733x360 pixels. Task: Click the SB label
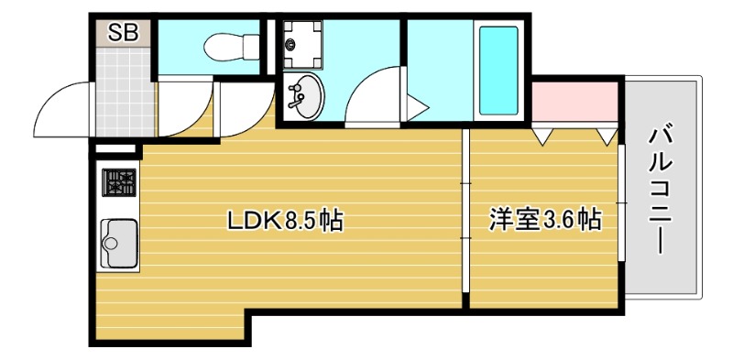(x=122, y=34)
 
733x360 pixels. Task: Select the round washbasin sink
(x=303, y=97)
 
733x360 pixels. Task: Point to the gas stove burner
(x=119, y=182)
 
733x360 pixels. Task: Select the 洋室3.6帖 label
(x=543, y=221)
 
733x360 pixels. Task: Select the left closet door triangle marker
(x=543, y=137)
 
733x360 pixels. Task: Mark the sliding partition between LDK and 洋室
(x=465, y=220)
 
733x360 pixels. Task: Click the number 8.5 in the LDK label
(x=302, y=221)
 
